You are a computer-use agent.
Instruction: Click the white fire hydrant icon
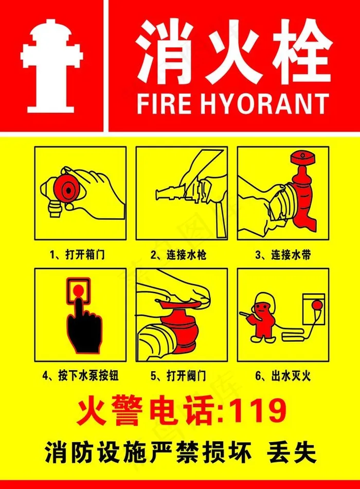[52, 66]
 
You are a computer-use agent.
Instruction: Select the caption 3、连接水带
[282, 254]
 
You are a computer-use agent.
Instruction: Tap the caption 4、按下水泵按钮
[81, 376]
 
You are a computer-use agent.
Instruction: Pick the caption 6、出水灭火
[283, 376]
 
